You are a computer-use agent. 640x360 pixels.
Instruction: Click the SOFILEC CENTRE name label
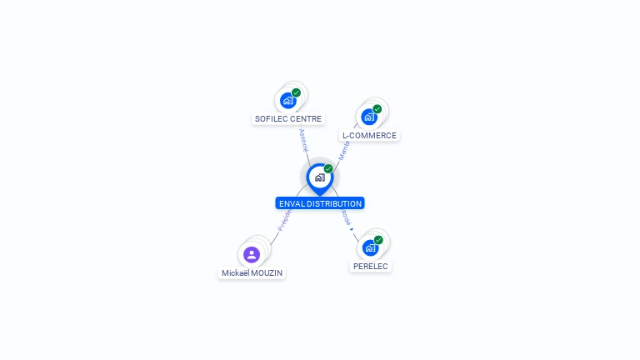pyautogui.click(x=288, y=119)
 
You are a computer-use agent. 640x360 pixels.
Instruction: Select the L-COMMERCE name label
pyautogui.click(x=369, y=135)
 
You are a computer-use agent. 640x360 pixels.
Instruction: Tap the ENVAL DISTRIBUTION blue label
pyautogui.click(x=320, y=203)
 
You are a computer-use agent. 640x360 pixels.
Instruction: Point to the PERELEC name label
pyautogui.click(x=370, y=267)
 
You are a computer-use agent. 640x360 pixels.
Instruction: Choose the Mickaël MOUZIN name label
pyautogui.click(x=252, y=273)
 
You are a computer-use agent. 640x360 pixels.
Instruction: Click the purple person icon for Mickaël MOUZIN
pyautogui.click(x=252, y=254)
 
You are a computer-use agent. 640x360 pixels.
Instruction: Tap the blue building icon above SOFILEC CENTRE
pyautogui.click(x=288, y=100)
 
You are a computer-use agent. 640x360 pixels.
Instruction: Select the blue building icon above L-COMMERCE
pyautogui.click(x=369, y=117)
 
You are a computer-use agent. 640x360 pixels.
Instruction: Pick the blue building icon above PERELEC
pyautogui.click(x=370, y=247)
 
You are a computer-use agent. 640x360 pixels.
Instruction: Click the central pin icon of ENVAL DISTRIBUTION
pyautogui.click(x=319, y=177)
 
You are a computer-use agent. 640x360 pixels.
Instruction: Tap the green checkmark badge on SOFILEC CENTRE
pyautogui.click(x=297, y=92)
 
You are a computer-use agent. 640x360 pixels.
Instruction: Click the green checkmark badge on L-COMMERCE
pyautogui.click(x=377, y=109)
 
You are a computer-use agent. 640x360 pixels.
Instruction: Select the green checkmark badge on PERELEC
pyautogui.click(x=378, y=240)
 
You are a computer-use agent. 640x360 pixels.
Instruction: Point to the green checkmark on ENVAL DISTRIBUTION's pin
pyautogui.click(x=328, y=169)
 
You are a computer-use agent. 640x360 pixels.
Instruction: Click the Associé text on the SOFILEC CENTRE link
pyautogui.click(x=303, y=139)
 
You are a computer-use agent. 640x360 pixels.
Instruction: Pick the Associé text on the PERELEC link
pyautogui.click(x=346, y=217)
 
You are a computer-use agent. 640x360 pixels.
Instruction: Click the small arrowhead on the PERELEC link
pyautogui.click(x=352, y=229)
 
